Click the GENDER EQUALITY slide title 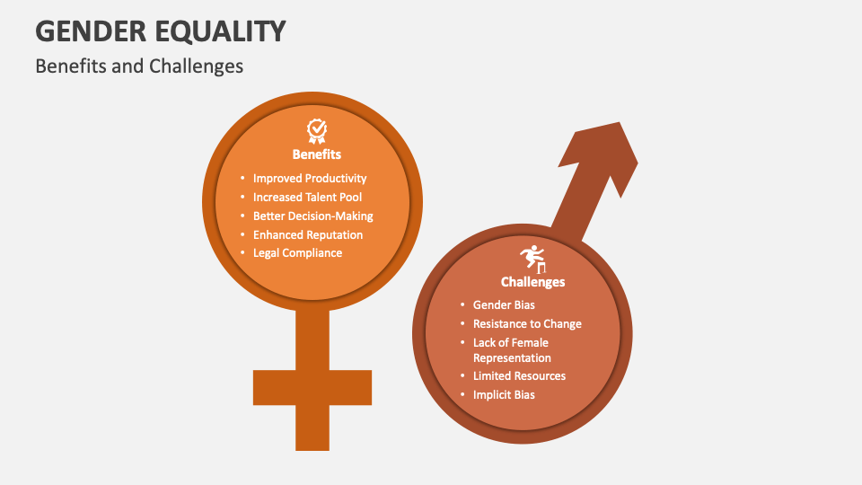click(x=161, y=31)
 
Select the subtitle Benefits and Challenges click(x=139, y=66)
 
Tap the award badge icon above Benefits click(x=317, y=131)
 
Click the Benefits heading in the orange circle click(x=317, y=154)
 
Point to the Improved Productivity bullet click(x=310, y=179)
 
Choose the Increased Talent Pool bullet click(x=307, y=197)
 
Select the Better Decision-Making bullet click(x=312, y=216)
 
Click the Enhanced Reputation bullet click(x=308, y=234)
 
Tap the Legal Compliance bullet click(x=297, y=253)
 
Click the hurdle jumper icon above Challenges click(x=532, y=259)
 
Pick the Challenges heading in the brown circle click(x=532, y=282)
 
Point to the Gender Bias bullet click(x=504, y=305)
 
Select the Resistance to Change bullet click(x=527, y=323)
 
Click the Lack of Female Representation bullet click(x=512, y=349)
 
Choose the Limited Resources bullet click(x=519, y=375)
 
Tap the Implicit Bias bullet click(x=504, y=394)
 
